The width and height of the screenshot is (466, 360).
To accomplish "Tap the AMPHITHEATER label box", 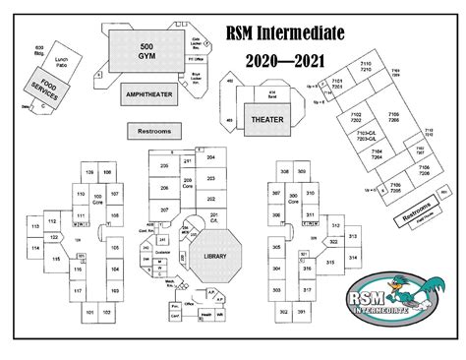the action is coord(148,94).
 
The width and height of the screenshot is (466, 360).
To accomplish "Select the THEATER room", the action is coord(267,118).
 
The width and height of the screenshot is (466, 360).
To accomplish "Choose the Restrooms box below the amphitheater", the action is coord(154,130).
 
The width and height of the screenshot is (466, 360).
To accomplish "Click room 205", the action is coord(165,167).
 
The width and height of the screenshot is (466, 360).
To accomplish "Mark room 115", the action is coord(58,258).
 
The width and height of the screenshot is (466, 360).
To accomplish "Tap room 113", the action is coord(36,227).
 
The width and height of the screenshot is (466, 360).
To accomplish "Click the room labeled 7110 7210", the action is coord(366,66).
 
